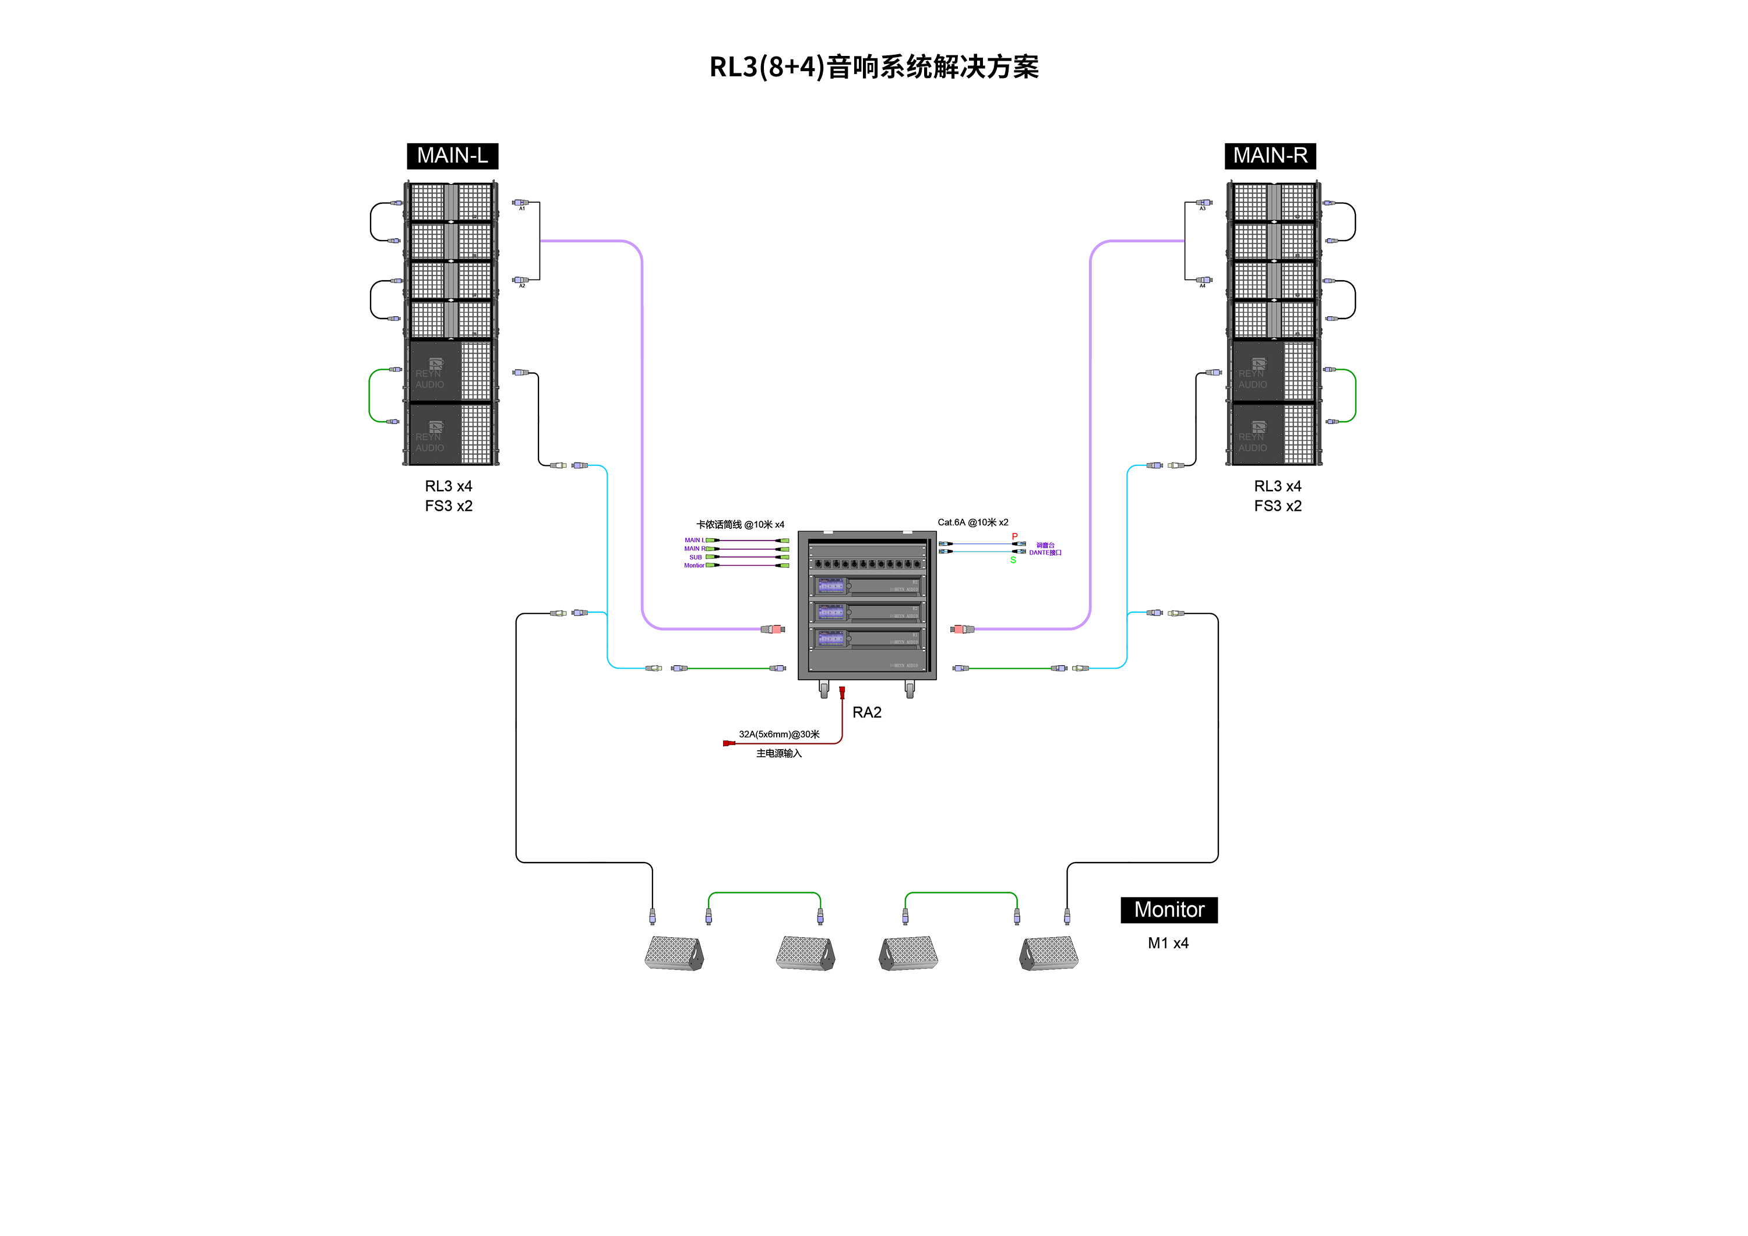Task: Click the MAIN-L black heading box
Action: [452, 156]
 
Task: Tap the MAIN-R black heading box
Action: [1270, 156]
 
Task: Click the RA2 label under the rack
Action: [866, 712]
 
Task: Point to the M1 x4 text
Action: [1168, 943]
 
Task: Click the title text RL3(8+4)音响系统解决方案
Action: [874, 67]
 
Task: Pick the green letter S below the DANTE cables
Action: [1013, 560]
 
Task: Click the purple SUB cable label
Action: [695, 557]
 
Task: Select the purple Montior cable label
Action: [693, 566]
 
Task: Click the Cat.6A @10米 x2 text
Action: [972, 522]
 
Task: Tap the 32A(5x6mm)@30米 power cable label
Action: [779, 734]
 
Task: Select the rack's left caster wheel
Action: [824, 690]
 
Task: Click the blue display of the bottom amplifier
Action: [831, 638]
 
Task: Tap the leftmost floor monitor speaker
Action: [674, 953]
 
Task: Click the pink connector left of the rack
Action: [776, 630]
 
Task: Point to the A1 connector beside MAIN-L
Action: [521, 203]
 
